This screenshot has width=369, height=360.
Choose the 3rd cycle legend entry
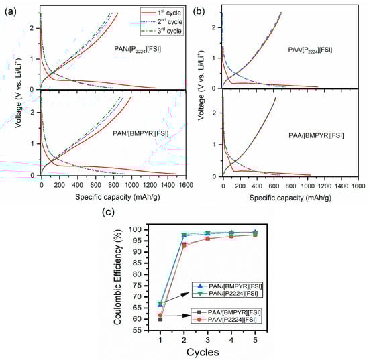pos(162,31)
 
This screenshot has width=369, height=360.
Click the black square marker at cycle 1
pos(160,319)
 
